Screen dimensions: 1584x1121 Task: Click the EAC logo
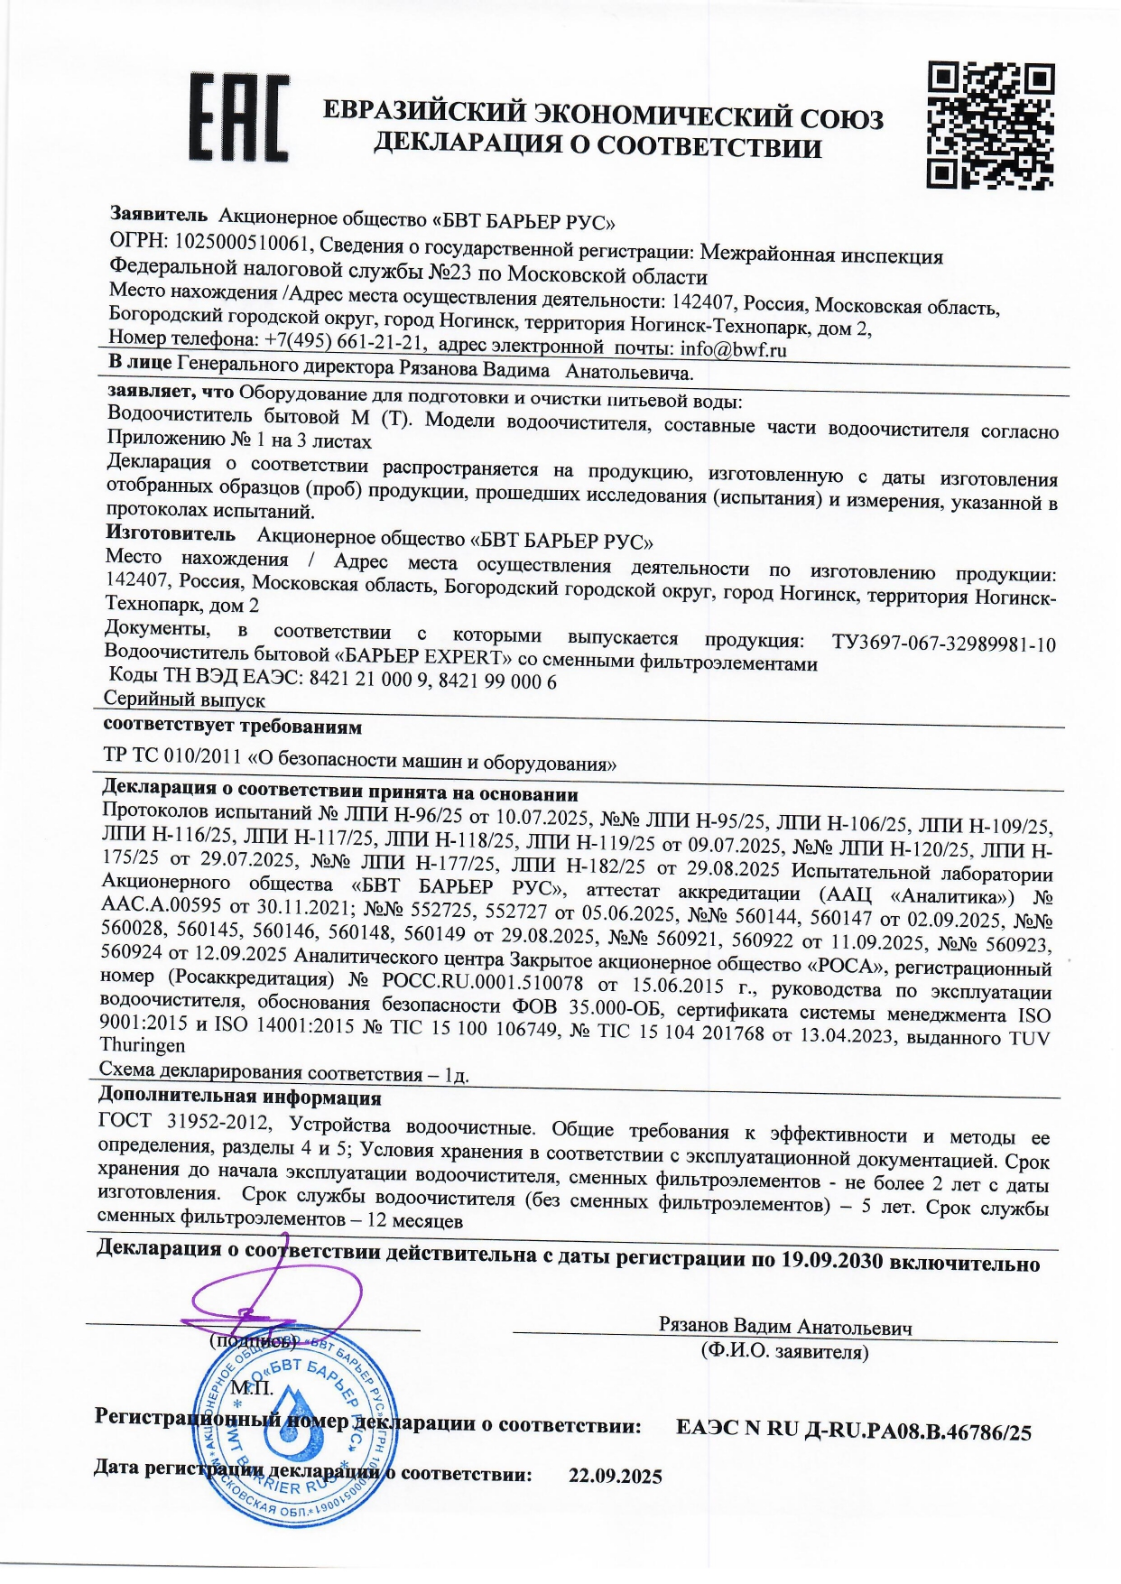click(x=238, y=118)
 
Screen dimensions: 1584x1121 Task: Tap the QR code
click(x=990, y=125)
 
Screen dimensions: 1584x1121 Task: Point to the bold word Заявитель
click(x=159, y=214)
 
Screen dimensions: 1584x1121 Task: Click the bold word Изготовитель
click(x=171, y=533)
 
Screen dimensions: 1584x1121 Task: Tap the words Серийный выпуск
click(x=184, y=699)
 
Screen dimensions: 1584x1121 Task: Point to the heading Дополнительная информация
click(x=239, y=1098)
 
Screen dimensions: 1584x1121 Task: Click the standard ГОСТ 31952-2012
click(x=184, y=1122)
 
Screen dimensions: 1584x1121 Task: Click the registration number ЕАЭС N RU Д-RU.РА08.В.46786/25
click(x=853, y=1431)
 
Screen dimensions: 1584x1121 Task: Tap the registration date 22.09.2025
click(x=615, y=1477)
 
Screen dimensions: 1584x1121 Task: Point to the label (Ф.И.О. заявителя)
click(x=784, y=1351)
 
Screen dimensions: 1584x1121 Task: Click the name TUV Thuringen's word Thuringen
click(x=143, y=1045)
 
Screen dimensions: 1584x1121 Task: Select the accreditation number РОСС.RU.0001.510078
click(x=482, y=981)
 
